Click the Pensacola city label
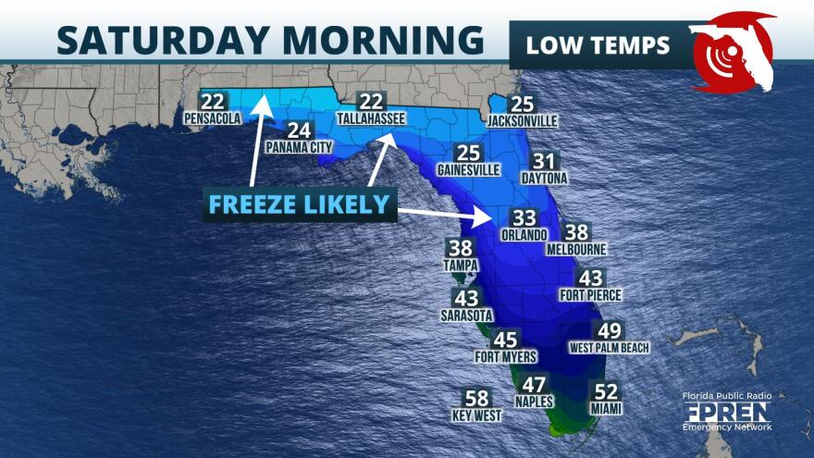tap(213, 118)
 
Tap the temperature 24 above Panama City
tap(299, 130)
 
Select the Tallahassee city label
tap(371, 119)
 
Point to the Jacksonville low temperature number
tap(523, 105)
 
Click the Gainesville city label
tap(469, 170)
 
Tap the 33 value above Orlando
tap(524, 218)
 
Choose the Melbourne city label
tap(576, 250)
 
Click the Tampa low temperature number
tap(460, 248)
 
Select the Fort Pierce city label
tap(590, 295)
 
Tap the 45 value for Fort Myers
tap(506, 340)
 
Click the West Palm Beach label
tap(610, 348)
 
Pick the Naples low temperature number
tap(535, 385)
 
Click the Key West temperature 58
tap(475, 399)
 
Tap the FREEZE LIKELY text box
tap(298, 204)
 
